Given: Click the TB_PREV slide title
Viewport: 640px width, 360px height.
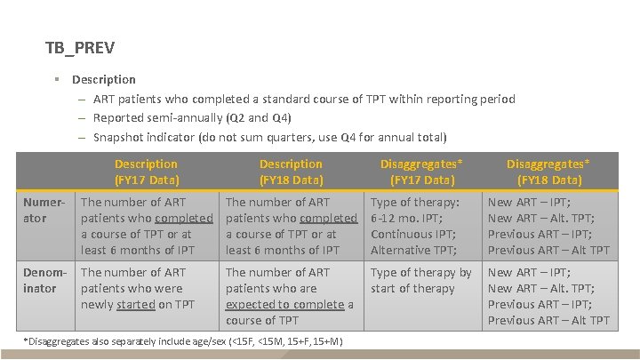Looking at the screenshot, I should [x=80, y=47].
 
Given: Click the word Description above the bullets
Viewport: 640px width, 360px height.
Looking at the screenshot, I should [x=104, y=79].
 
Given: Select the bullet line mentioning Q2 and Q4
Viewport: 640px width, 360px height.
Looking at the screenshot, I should [x=192, y=118].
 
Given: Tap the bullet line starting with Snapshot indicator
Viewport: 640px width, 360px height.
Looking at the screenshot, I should [x=269, y=137].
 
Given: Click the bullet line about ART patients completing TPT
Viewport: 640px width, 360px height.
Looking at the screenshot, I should [x=303, y=99].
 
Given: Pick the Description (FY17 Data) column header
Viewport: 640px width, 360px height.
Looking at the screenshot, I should [x=146, y=172].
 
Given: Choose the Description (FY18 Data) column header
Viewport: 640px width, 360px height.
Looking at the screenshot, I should [x=291, y=172].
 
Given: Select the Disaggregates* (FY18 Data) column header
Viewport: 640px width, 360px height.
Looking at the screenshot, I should [x=548, y=172].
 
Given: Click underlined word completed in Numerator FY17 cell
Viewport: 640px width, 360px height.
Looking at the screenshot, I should [x=184, y=218].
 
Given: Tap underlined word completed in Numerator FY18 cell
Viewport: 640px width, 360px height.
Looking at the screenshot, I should [x=328, y=218].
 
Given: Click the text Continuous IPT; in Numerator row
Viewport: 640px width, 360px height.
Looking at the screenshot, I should [x=409, y=234].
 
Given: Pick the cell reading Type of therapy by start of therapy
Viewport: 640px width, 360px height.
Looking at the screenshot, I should [x=420, y=280].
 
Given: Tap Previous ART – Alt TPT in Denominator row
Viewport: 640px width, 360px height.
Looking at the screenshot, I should [x=548, y=320].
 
